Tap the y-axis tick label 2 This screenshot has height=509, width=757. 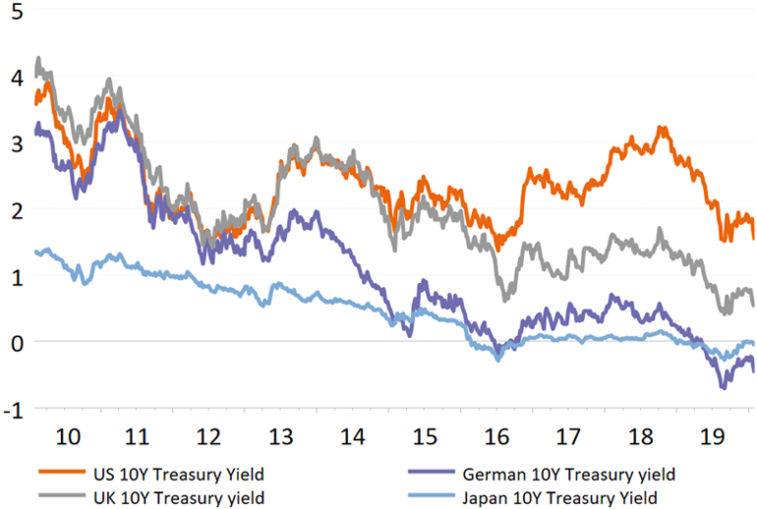pos(12,208)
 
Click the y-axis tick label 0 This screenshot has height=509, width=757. pos(12,341)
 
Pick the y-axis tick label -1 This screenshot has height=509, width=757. pos(9,407)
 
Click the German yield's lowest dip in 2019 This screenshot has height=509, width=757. pos(725,388)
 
